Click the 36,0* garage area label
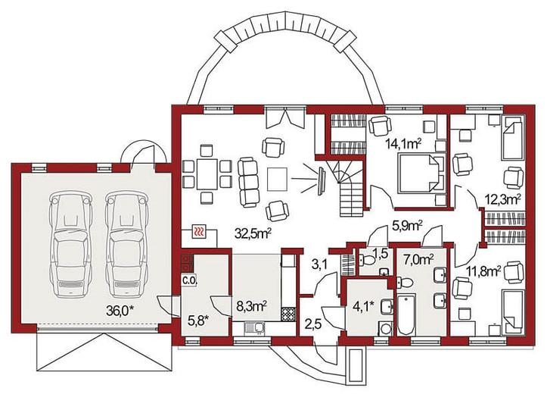click(x=120, y=310)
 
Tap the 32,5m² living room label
click(x=253, y=233)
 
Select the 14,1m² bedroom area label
click(x=403, y=143)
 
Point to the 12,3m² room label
click(x=503, y=199)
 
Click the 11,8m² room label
click(x=484, y=270)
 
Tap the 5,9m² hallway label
click(x=408, y=226)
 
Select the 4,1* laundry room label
click(x=365, y=306)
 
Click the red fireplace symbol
click(x=200, y=232)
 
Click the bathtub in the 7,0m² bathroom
click(x=406, y=314)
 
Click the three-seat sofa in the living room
click(x=249, y=183)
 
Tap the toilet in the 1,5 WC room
click(x=367, y=260)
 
